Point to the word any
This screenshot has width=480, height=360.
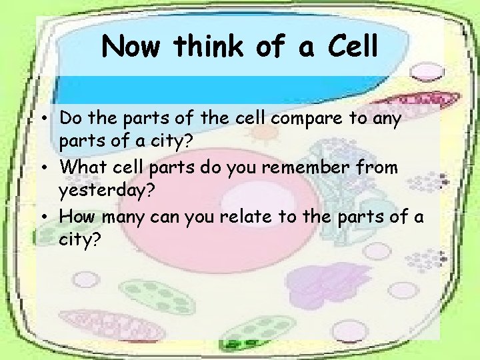(387, 119)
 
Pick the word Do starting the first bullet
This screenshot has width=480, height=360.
(70, 119)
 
